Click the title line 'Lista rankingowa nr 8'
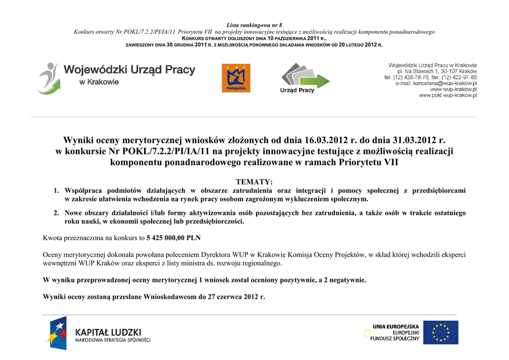coord(254,25)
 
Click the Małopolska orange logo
coord(236,78)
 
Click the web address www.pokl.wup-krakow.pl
coord(447,95)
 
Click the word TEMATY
coord(254,182)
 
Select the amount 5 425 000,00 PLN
coord(173,237)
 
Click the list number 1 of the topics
coord(57,190)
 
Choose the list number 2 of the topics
coord(57,213)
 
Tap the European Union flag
coord(440,332)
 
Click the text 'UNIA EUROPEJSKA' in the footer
coord(395,327)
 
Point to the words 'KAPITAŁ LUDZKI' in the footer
coord(108,332)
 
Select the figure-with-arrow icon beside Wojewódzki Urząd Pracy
coord(49,78)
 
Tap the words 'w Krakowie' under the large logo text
coord(99,82)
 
